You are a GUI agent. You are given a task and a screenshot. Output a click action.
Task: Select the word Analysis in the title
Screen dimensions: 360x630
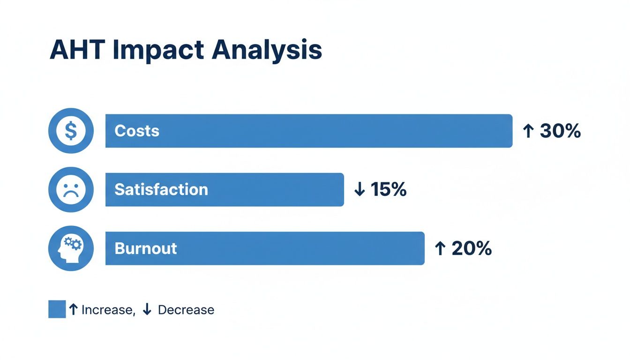[x=266, y=50]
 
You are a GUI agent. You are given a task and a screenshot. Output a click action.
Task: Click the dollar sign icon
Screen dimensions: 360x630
[x=71, y=131]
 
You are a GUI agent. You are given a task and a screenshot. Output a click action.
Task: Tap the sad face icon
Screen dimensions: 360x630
[x=71, y=189]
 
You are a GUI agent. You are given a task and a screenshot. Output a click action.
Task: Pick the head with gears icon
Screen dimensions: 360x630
[x=71, y=248]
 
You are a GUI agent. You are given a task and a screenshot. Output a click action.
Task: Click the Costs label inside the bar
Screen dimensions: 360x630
[x=137, y=131]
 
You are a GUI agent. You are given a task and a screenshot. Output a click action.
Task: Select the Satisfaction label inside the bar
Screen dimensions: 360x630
[x=161, y=189]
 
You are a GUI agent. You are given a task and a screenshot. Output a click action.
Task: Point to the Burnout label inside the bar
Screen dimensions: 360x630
[x=145, y=248]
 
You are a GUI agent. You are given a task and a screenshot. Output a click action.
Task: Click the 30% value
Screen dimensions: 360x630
[x=560, y=131]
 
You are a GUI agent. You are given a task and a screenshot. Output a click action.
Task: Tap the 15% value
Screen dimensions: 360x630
[x=389, y=189]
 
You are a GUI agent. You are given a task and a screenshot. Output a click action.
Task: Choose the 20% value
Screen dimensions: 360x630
[x=471, y=248]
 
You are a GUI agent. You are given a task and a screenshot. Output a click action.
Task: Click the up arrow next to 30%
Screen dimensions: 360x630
[x=528, y=131]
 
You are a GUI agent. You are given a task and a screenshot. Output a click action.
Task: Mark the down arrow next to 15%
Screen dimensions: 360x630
[x=360, y=189]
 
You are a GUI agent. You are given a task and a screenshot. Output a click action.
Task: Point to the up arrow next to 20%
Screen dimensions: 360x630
[x=440, y=248]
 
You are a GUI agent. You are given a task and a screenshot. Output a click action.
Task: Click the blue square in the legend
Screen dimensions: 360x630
[x=57, y=309]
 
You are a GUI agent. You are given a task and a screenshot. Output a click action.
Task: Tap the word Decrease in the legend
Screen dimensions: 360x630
[x=186, y=310]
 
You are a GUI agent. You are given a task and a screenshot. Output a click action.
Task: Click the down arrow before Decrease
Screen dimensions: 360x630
[x=147, y=309]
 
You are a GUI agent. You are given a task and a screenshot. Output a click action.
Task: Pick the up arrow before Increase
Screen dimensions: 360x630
[x=73, y=309]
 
